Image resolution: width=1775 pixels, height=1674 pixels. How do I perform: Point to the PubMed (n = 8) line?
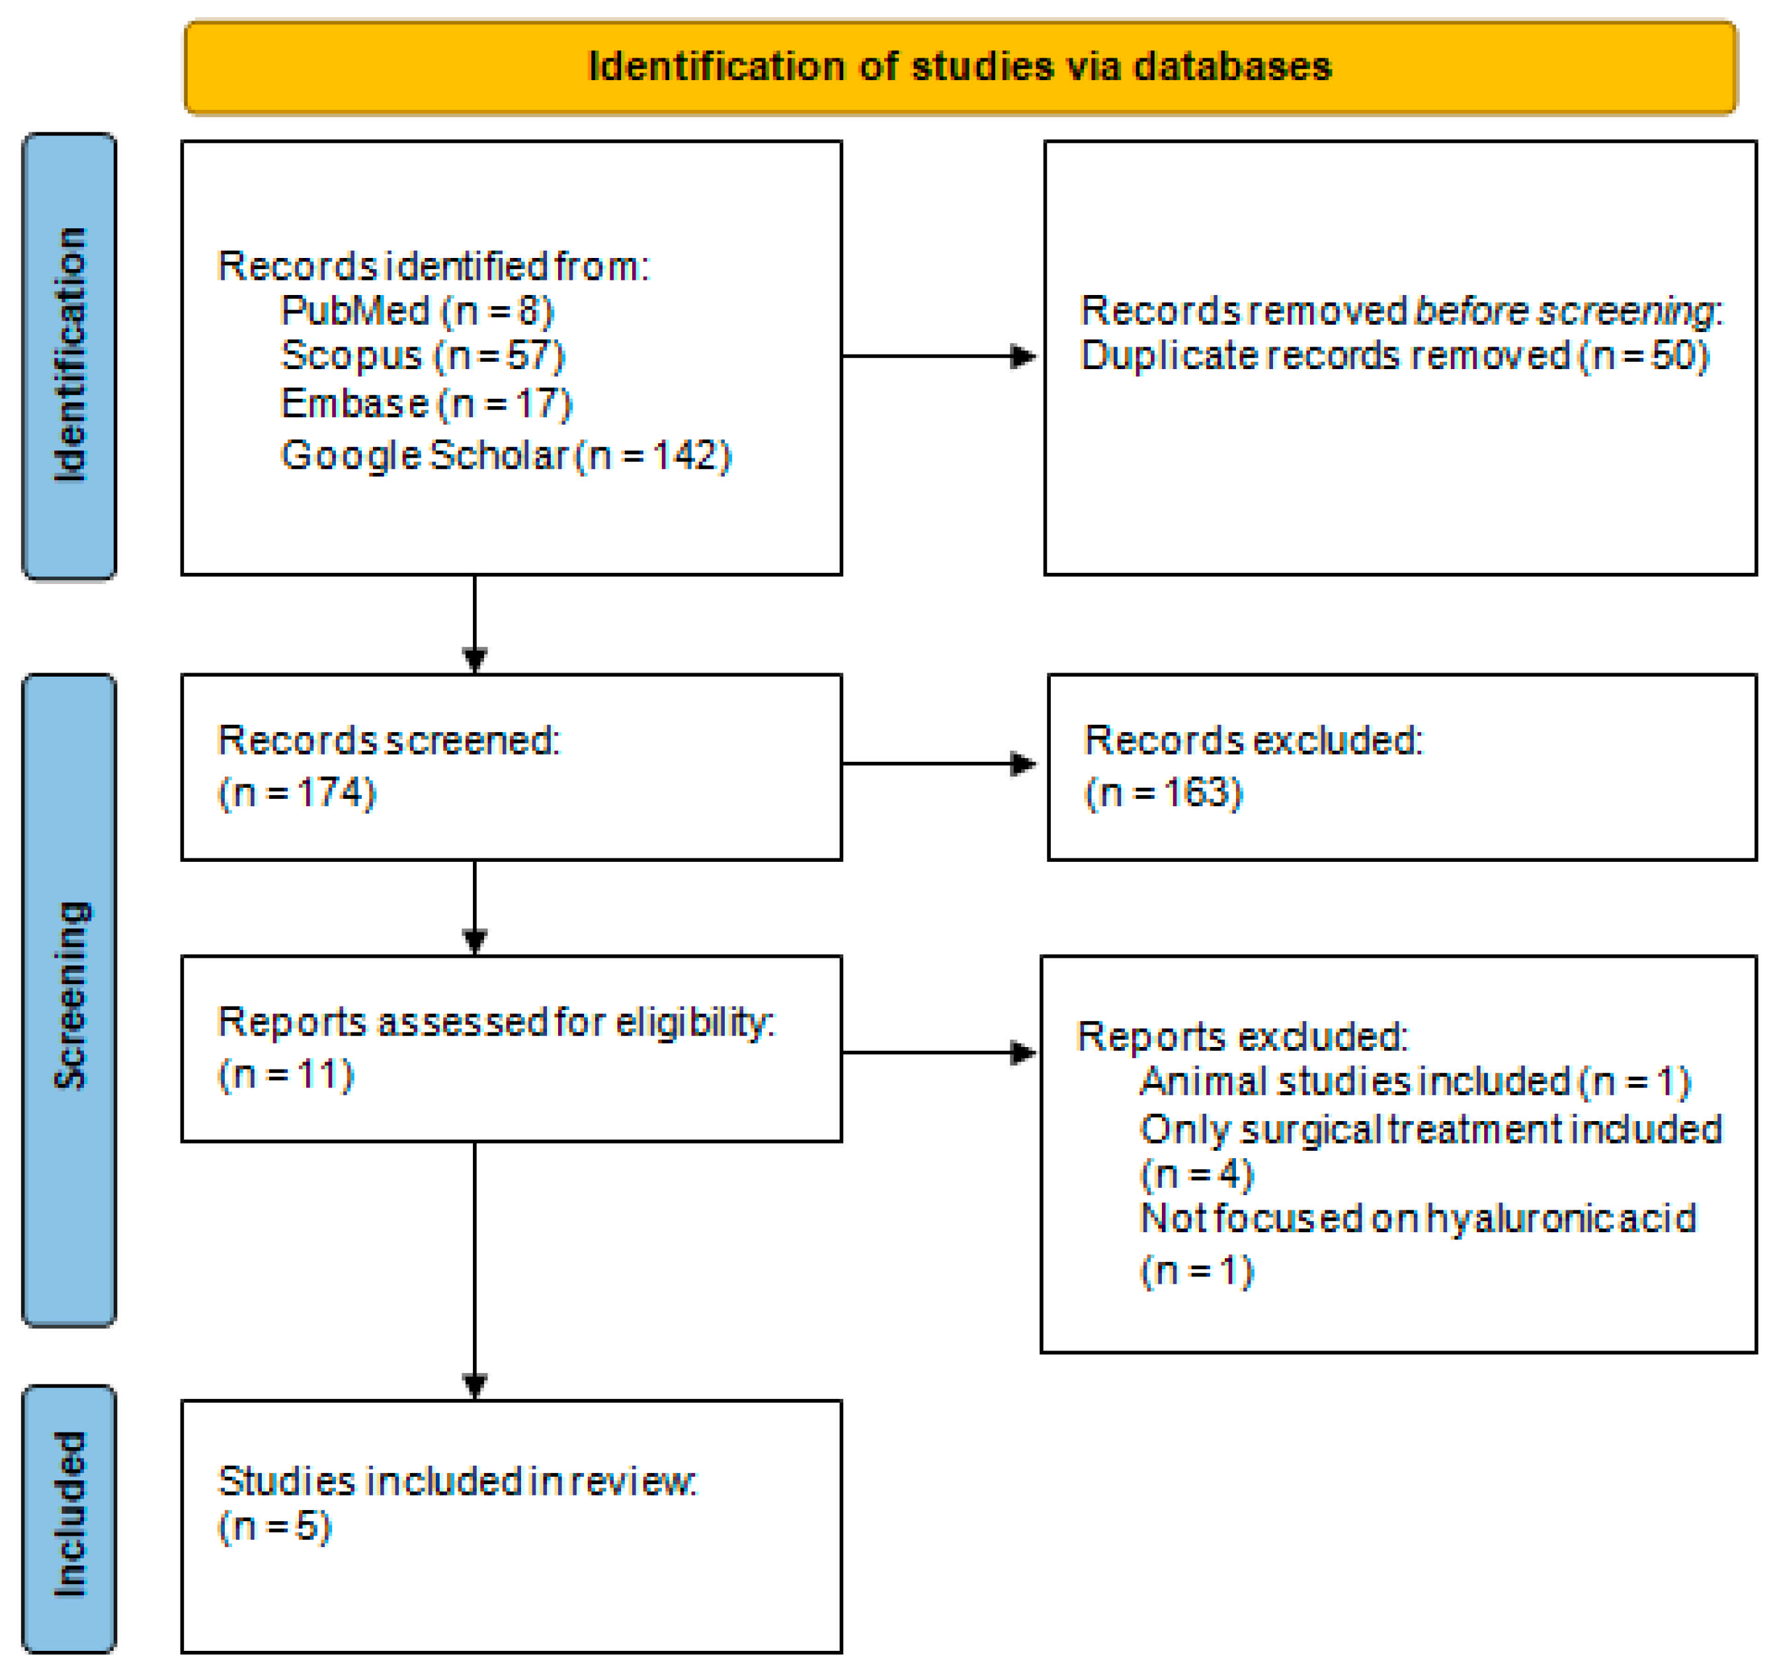pyautogui.click(x=417, y=311)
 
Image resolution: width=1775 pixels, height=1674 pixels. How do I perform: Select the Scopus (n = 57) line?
pyautogui.click(x=423, y=355)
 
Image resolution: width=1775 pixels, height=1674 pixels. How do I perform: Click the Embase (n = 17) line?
pyautogui.click(x=426, y=403)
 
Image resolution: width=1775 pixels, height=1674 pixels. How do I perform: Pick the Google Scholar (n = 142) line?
pyautogui.click(x=505, y=455)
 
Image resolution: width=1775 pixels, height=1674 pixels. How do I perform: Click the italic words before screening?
pyautogui.click(x=1564, y=311)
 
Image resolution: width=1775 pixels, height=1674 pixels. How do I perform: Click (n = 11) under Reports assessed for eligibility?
pyautogui.click(x=286, y=1074)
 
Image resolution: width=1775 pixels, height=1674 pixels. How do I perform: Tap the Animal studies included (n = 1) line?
pyautogui.click(x=1415, y=1081)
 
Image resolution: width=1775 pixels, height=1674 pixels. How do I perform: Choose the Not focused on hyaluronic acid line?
pyautogui.click(x=1417, y=1218)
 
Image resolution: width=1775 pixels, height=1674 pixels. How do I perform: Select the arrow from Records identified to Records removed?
pyautogui.click(x=938, y=356)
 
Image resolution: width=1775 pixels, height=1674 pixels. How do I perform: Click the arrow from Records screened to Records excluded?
pyautogui.click(x=938, y=763)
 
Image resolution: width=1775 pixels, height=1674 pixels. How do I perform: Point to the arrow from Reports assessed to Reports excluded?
pyautogui.click(x=938, y=1052)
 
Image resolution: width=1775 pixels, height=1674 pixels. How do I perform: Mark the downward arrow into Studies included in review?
pyautogui.click(x=475, y=1268)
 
